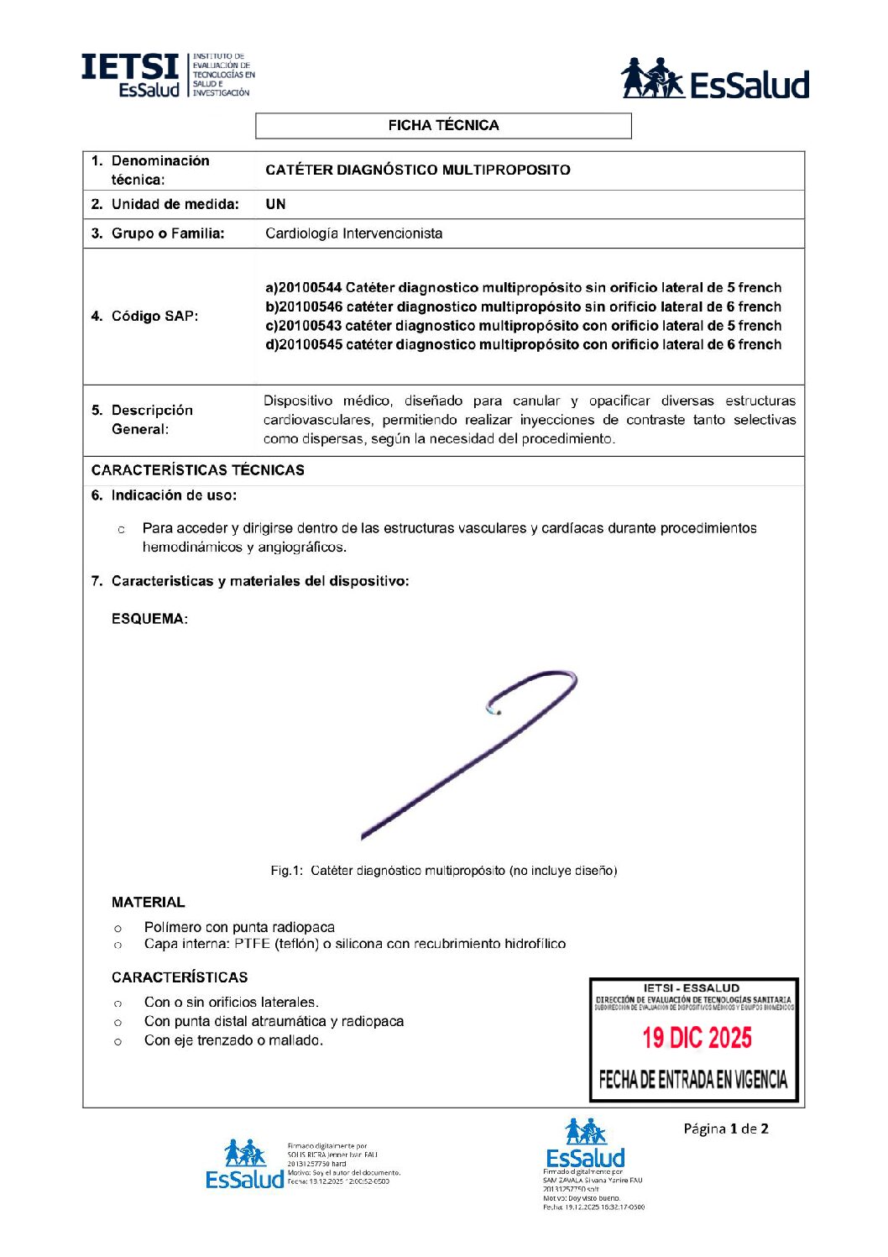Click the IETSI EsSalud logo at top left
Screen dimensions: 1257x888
[x=167, y=76]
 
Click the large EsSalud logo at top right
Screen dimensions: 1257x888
[x=714, y=80]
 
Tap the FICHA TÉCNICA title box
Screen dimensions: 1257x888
[x=443, y=126]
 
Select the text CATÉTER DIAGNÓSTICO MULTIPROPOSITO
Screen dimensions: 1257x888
[x=417, y=170]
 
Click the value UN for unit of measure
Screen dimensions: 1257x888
[x=275, y=204]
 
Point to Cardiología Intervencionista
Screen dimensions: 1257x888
[x=353, y=233]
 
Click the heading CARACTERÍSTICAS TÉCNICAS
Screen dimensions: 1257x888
[x=197, y=470]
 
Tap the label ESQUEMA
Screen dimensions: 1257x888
[x=149, y=619]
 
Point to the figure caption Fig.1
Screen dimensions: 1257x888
[x=443, y=871]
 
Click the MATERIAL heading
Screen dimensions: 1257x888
[x=148, y=903]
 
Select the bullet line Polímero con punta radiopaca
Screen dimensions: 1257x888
[x=239, y=927]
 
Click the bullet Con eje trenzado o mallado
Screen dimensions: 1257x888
[x=233, y=1040]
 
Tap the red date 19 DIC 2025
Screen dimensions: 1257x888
[x=697, y=1039]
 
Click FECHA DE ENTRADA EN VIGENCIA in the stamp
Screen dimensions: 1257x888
[x=693, y=1080]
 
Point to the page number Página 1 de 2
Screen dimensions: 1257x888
[x=725, y=1129]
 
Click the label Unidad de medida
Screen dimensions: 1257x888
[x=175, y=204]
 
